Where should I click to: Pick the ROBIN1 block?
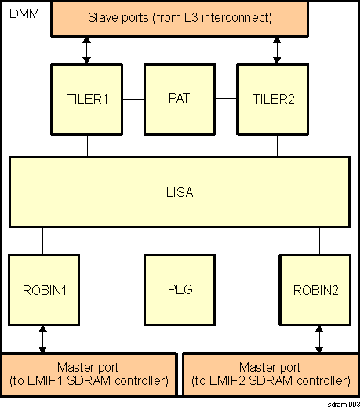click(43, 289)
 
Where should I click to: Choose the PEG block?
click(180, 289)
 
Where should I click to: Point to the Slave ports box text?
click(180, 17)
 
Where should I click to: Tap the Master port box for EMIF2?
click(271, 375)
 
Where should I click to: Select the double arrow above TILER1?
click(86, 49)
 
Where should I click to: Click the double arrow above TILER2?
click(275, 49)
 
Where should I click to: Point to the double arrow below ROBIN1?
click(43, 339)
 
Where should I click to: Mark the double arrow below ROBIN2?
click(318, 339)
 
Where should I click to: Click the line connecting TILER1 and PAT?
click(133, 99)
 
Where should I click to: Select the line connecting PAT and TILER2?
click(227, 99)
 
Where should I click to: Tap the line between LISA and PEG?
click(180, 241)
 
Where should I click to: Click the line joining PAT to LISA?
click(180, 145)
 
